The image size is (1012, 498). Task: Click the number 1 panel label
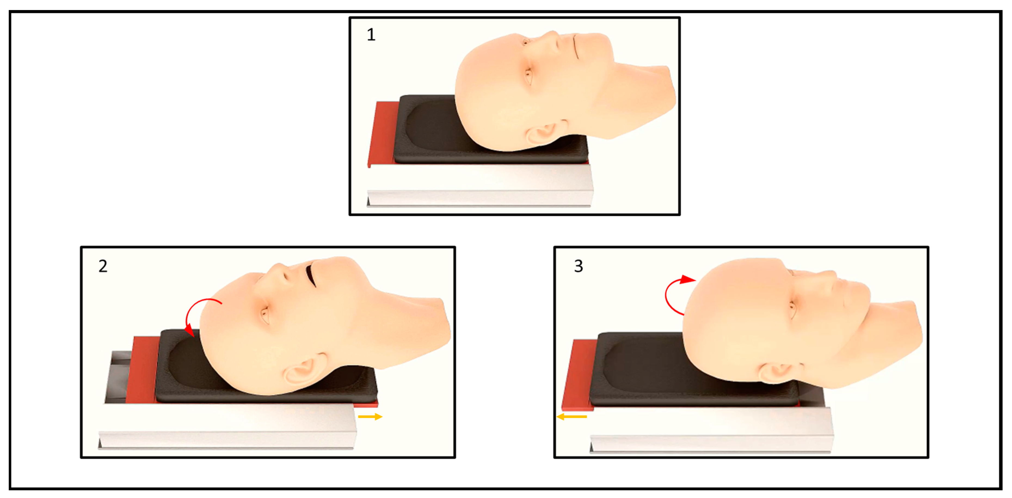371,35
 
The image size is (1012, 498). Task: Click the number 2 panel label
103,266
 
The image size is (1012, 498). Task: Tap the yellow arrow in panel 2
370,416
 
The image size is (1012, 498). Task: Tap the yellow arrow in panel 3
572,416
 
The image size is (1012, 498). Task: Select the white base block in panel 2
228,426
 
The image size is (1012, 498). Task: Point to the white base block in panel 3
711,430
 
